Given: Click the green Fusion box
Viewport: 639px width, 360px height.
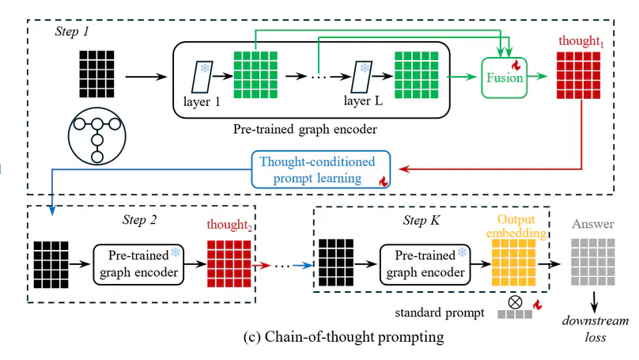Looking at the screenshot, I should coord(505,78).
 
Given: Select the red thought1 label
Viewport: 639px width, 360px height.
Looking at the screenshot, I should coord(580,42).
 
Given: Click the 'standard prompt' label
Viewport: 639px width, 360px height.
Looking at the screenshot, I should coord(439,313).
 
